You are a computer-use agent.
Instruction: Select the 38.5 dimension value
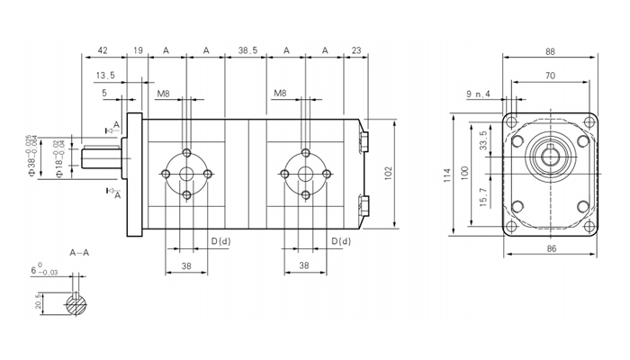(248, 50)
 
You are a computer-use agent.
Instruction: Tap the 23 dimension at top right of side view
(356, 50)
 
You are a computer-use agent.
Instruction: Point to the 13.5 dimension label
(105, 75)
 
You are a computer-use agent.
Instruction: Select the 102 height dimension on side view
(388, 172)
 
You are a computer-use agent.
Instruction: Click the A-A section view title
(80, 253)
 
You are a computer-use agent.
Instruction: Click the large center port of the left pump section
(187, 173)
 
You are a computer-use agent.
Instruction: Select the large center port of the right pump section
(306, 173)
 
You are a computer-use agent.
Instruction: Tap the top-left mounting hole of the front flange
(512, 124)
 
